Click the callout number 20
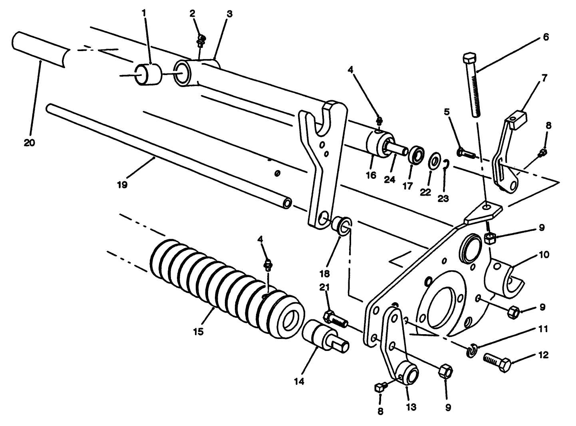pos(29,143)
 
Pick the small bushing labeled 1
pos(149,74)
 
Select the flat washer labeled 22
pos(434,163)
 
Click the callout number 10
pos(544,254)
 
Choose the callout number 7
pos(544,76)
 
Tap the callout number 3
pos(229,14)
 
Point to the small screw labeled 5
pos(465,153)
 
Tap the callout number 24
pos(389,179)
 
